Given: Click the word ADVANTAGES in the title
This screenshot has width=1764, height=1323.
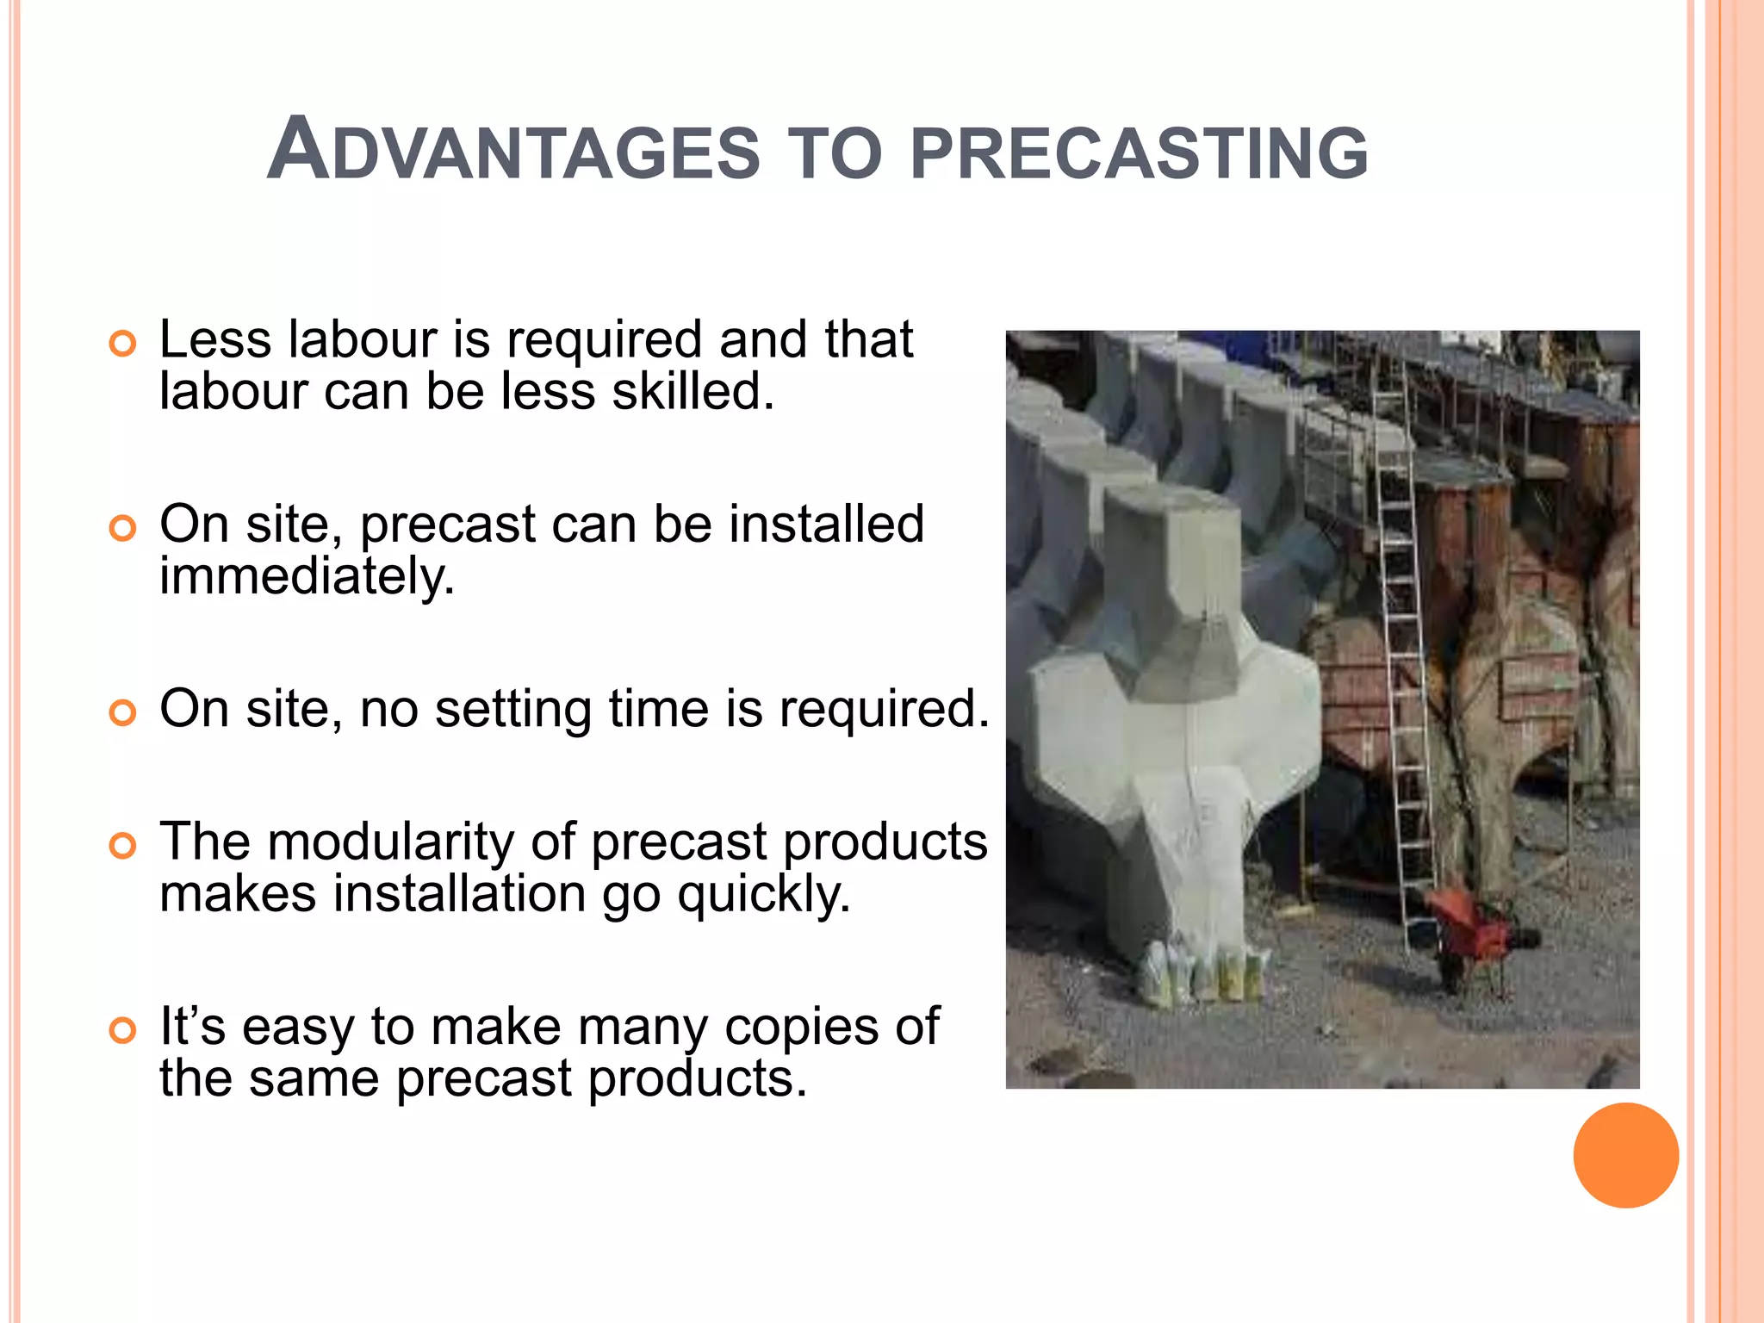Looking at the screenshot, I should [x=513, y=152].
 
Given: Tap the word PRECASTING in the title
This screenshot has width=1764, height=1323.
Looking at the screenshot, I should [x=1139, y=153].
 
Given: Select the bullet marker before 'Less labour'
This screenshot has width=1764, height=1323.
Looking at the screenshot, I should [x=123, y=345].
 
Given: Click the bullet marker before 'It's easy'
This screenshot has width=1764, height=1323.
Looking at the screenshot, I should [x=123, y=1030].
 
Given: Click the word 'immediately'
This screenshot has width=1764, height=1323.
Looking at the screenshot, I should [x=307, y=576].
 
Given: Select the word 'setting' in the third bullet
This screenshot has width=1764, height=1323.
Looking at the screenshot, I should [x=512, y=710].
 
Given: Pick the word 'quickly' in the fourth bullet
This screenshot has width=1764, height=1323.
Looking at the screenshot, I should [x=763, y=895].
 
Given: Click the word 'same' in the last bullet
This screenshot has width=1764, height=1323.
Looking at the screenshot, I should [x=314, y=1078].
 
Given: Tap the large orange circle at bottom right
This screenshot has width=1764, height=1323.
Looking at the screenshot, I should [x=1625, y=1155].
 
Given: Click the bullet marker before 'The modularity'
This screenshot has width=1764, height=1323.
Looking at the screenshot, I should [x=123, y=847].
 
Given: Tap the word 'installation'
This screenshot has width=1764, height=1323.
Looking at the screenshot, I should [x=460, y=894].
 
